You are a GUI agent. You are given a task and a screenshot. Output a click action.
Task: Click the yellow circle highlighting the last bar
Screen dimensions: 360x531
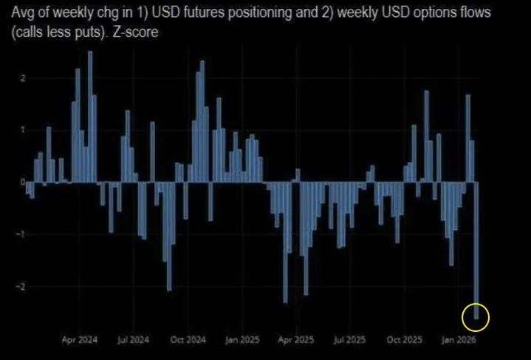tap(475, 317)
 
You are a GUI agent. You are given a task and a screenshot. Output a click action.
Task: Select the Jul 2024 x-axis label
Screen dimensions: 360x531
tap(133, 341)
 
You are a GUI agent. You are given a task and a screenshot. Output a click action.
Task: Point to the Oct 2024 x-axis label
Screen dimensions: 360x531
tap(189, 341)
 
